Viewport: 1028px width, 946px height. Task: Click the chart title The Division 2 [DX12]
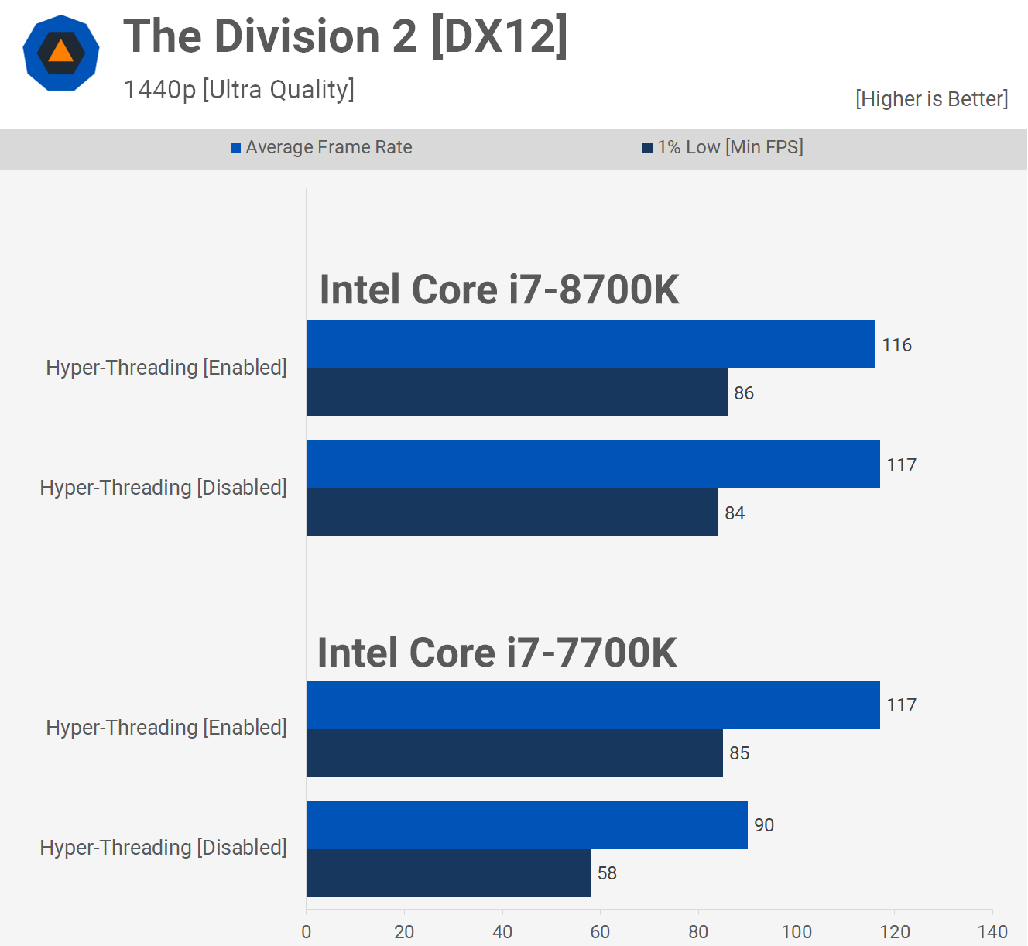(345, 36)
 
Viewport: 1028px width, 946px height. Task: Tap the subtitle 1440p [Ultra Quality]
(238, 90)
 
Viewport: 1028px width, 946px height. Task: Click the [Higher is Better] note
(931, 99)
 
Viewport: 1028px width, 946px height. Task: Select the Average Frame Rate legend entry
(321, 147)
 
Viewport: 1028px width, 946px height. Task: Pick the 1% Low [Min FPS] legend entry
(723, 147)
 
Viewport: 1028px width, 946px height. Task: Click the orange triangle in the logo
(60, 52)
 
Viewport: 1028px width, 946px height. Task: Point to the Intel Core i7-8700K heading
(499, 290)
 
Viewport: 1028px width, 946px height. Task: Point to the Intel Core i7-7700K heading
(497, 653)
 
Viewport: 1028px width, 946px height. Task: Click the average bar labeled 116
(590, 344)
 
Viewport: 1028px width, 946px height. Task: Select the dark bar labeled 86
(516, 392)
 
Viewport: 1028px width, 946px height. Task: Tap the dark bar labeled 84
(512, 512)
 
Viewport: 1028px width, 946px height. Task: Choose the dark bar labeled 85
(514, 753)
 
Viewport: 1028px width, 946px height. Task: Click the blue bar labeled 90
(526, 825)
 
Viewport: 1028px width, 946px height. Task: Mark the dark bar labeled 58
(448, 873)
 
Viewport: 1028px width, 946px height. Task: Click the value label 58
(607, 873)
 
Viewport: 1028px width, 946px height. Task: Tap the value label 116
(896, 345)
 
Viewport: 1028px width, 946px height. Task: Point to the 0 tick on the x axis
(307, 932)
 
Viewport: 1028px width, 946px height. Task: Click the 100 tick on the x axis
(797, 932)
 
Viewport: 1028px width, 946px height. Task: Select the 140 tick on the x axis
(992, 932)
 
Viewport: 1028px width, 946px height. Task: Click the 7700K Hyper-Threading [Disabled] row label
(163, 848)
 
